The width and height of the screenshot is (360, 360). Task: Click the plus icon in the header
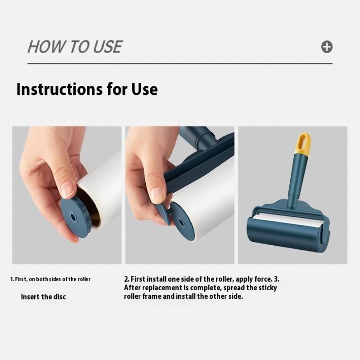(x=327, y=47)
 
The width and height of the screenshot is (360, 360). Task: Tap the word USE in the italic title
(x=108, y=47)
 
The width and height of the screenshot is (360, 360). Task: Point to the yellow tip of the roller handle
(x=303, y=143)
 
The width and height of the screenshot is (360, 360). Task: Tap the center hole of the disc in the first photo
(x=73, y=217)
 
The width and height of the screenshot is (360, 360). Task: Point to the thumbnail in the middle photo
(x=158, y=196)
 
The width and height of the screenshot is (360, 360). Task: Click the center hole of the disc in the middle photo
(x=181, y=222)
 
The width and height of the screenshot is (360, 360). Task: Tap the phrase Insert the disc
(x=43, y=297)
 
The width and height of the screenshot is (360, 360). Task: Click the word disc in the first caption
(x=60, y=297)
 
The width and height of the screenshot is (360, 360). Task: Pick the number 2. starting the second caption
(x=126, y=279)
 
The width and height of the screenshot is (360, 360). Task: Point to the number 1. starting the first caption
(x=12, y=279)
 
